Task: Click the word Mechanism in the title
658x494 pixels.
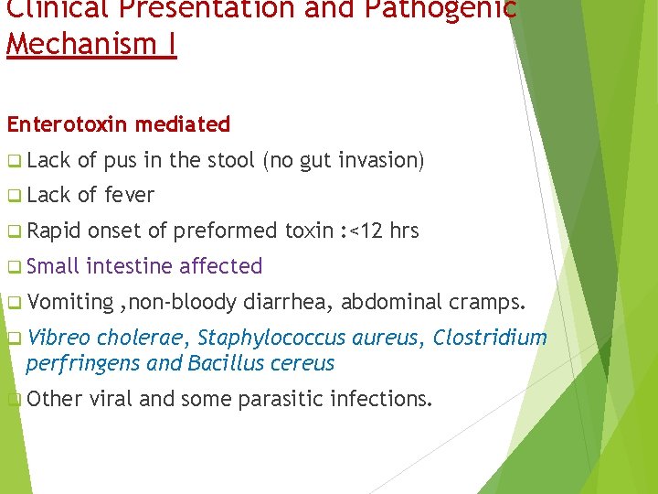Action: coord(80,43)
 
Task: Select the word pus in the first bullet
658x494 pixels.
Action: coord(120,160)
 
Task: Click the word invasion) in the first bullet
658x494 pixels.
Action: coord(381,160)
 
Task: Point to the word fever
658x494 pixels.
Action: coord(130,195)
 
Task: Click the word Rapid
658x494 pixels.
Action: coord(54,231)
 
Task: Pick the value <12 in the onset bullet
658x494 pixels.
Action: coord(366,231)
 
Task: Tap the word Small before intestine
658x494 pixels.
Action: coord(53,266)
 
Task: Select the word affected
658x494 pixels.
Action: coord(221,266)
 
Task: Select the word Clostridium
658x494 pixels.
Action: coord(490,338)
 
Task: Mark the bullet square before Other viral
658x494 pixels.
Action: coord(13,399)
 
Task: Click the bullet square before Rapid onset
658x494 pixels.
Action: coord(13,231)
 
